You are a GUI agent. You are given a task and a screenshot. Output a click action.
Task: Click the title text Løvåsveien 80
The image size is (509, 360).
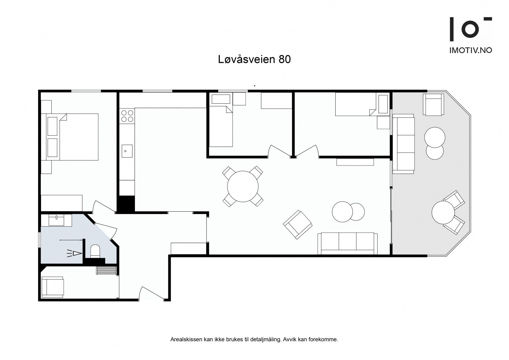254,59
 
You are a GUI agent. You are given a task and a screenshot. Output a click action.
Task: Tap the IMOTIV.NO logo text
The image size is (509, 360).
471,50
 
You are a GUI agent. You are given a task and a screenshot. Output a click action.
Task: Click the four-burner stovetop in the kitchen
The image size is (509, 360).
127,116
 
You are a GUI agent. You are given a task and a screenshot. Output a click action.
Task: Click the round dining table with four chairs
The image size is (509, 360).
243,187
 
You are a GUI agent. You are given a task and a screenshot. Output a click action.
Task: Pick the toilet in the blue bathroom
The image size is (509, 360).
95,251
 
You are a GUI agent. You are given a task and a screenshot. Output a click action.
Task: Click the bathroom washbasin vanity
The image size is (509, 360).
56,220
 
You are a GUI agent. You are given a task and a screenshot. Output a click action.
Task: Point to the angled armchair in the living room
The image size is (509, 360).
298,224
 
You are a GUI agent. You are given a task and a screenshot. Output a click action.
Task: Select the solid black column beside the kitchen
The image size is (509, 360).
126,204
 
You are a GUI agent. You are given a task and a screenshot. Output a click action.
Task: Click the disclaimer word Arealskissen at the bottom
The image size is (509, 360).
186,340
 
